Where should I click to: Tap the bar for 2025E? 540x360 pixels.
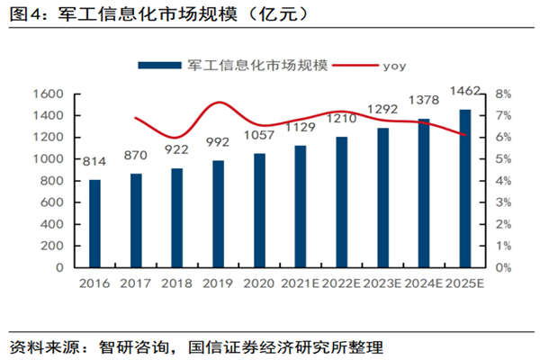pos(464,188)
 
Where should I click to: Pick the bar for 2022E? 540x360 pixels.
pos(341,202)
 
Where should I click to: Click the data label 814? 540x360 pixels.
pos(94,163)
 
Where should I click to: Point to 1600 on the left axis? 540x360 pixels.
pos(46,94)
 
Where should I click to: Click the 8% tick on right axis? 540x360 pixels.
pos(503,94)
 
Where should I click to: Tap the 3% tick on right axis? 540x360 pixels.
pos(503,202)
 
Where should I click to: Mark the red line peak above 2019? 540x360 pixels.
pos(219,103)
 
